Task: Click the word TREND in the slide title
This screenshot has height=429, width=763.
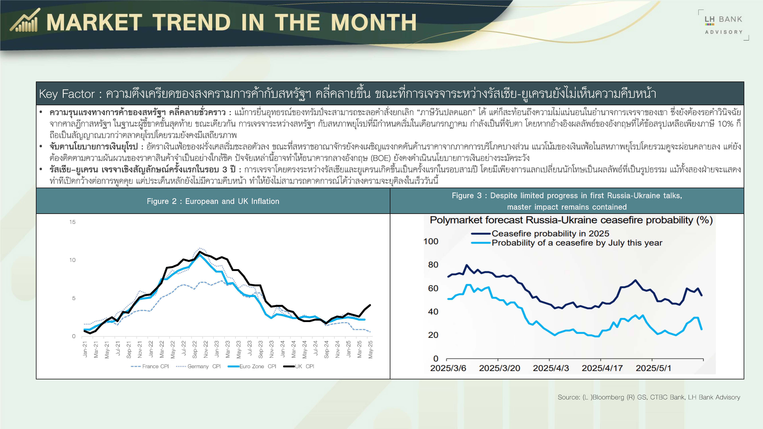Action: [192, 22]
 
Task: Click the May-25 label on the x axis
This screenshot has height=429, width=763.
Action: [370, 349]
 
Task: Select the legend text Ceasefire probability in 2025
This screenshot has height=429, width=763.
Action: [550, 234]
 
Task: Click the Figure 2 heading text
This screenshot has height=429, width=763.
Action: [213, 201]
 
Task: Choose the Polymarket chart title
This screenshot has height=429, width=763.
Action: [571, 220]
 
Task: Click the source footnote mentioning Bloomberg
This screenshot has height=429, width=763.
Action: [649, 397]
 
